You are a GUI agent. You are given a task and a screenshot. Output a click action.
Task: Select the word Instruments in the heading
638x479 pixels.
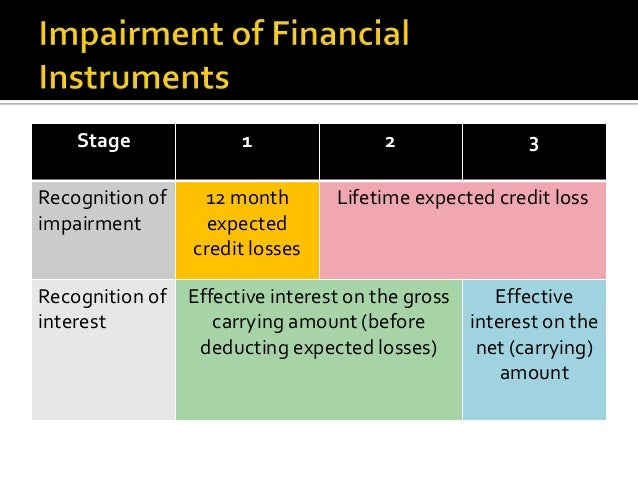(x=134, y=77)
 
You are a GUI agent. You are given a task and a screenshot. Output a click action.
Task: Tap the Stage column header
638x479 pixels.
(x=104, y=142)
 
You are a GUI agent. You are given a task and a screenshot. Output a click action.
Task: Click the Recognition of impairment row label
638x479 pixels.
(x=102, y=210)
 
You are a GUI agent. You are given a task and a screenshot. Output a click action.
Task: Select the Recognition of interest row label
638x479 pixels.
(x=102, y=309)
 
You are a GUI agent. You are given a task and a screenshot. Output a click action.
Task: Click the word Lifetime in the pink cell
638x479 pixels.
(x=373, y=198)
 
